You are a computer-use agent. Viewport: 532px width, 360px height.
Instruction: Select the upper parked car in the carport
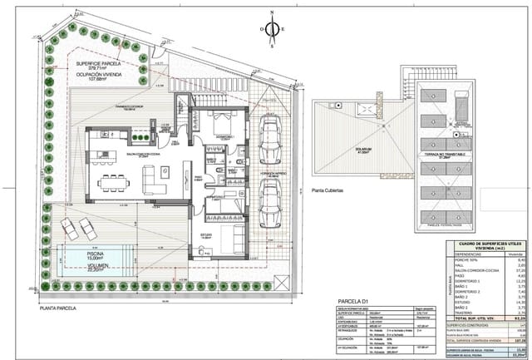point(270,138)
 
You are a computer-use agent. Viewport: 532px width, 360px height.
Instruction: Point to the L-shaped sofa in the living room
point(155,177)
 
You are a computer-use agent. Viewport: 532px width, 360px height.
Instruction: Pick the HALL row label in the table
point(464,264)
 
